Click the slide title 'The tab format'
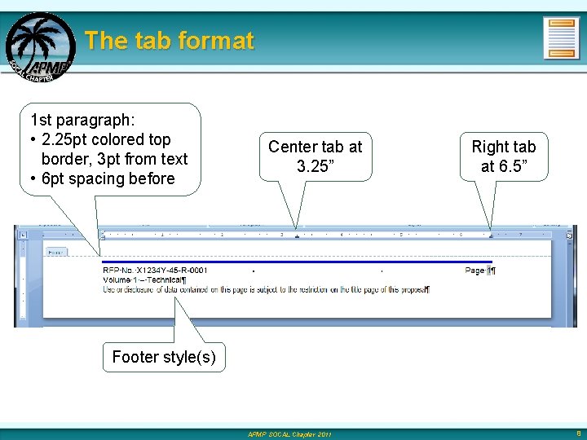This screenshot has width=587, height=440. click(x=170, y=41)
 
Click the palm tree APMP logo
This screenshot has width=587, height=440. click(x=39, y=46)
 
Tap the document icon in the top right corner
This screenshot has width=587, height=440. click(x=561, y=38)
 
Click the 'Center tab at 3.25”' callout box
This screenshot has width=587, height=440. click(x=315, y=156)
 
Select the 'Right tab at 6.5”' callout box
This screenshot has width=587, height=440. click(x=503, y=156)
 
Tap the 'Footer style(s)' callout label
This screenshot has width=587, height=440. click(x=164, y=357)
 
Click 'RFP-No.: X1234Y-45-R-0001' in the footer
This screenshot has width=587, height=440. click(x=155, y=271)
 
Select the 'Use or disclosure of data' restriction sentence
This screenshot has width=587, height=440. click(x=265, y=289)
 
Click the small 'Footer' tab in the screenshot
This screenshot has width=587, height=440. click(x=56, y=253)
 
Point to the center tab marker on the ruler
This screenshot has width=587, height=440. click(x=297, y=236)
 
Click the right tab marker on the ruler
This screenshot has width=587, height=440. click(x=490, y=236)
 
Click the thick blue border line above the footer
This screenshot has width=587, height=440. click(x=285, y=262)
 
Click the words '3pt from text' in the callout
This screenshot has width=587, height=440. click(x=143, y=159)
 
